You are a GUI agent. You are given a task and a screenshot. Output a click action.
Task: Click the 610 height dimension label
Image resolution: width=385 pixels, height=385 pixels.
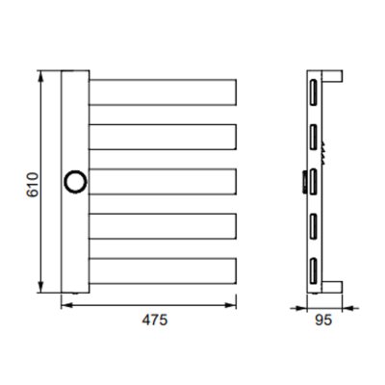point(33,185)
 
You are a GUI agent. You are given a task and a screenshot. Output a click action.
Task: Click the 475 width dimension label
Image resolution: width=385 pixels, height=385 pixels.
point(155,320)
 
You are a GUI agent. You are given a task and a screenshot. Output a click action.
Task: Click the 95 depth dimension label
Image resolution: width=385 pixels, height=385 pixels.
point(323,320)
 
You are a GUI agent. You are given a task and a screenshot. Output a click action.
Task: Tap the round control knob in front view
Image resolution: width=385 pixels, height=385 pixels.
point(75,182)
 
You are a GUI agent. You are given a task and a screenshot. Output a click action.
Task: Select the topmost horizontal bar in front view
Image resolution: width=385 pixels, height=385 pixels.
point(163,92)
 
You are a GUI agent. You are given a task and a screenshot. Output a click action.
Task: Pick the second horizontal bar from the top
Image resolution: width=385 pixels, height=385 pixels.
point(163,137)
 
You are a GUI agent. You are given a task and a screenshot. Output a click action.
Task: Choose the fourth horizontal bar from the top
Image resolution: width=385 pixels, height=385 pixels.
point(163,226)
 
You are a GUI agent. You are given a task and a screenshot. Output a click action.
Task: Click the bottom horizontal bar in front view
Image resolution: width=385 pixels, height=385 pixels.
point(163,271)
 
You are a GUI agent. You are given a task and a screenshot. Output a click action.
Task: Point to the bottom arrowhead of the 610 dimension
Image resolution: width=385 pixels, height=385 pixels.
point(40,288)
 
